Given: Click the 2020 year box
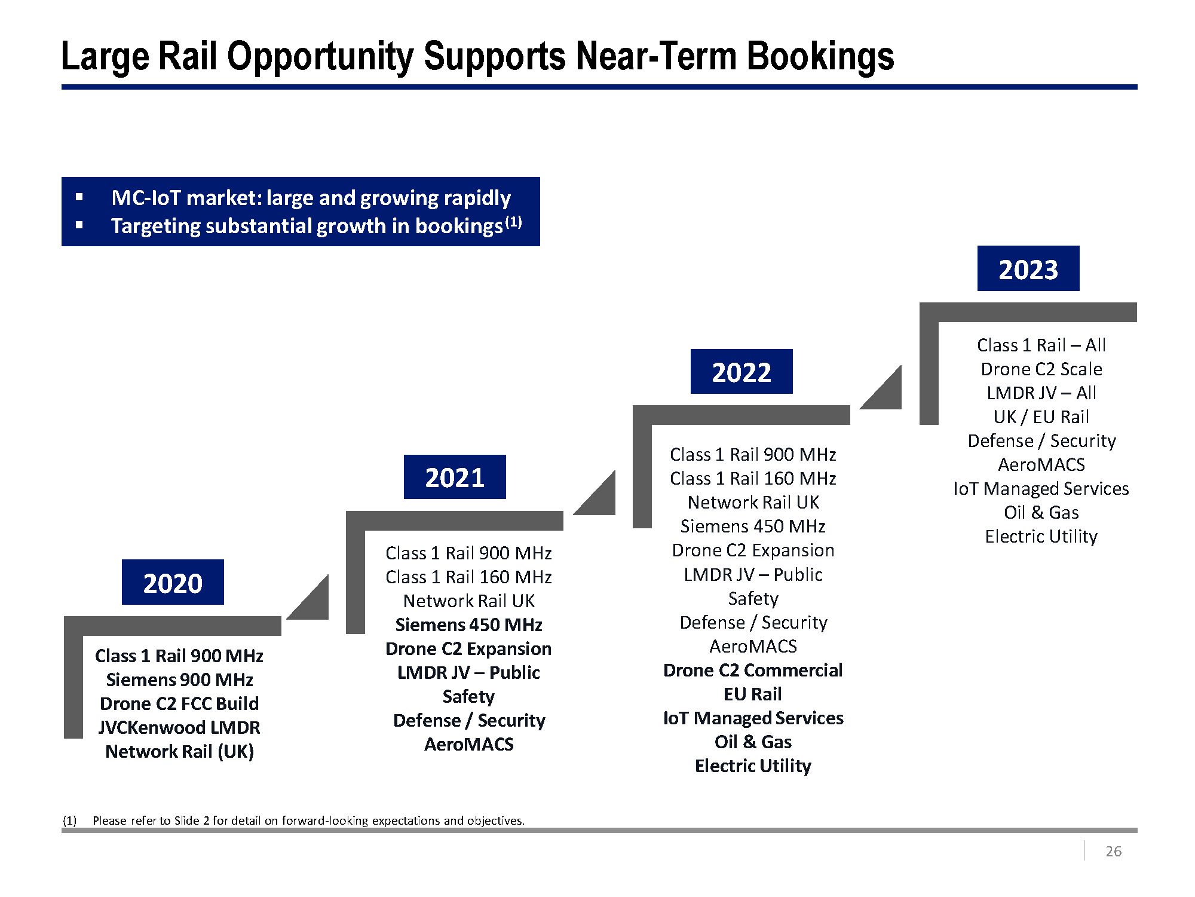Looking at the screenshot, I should [173, 582].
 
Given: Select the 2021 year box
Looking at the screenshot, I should [455, 477].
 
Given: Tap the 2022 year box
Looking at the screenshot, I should [741, 372].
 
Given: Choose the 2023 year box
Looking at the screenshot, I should [1028, 268].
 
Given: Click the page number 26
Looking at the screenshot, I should [1113, 851].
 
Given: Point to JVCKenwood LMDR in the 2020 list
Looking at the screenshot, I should [179, 727].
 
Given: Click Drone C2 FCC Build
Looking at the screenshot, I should [179, 703].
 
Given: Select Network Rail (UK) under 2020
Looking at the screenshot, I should [179, 751].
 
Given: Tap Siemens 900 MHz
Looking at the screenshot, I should [179, 679].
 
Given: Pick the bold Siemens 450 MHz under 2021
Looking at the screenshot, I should [468, 624].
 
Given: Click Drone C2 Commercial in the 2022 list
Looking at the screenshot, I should [753, 670].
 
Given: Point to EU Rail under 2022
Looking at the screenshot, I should [753, 694].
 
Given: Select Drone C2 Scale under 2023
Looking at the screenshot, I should [1041, 369].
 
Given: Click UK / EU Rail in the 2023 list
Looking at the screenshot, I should [1041, 417].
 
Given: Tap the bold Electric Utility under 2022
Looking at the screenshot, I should [753, 766].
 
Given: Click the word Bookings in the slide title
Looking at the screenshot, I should [820, 56].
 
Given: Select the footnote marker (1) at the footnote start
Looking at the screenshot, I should [70, 821].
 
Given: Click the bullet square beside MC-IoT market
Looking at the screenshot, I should [79, 197].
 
